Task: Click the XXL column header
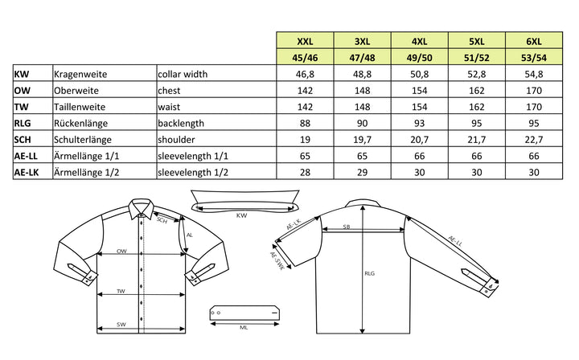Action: (x=305, y=41)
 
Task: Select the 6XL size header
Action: (x=533, y=41)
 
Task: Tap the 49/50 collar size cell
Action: (x=419, y=57)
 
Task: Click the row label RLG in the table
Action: (x=23, y=123)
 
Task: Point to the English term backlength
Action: (x=183, y=123)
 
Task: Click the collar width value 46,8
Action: (x=305, y=74)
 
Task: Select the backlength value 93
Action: (x=419, y=123)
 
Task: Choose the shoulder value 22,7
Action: (x=533, y=139)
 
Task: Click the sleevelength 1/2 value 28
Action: (x=305, y=172)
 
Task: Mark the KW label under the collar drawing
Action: (x=241, y=215)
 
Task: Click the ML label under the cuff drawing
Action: (x=243, y=327)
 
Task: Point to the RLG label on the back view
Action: (x=370, y=274)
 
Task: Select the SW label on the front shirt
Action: (x=121, y=325)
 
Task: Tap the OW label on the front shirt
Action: (x=121, y=251)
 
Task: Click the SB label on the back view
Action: (x=347, y=227)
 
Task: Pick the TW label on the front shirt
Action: (x=121, y=291)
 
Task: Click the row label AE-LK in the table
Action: (x=28, y=172)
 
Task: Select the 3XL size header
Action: (x=362, y=41)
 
